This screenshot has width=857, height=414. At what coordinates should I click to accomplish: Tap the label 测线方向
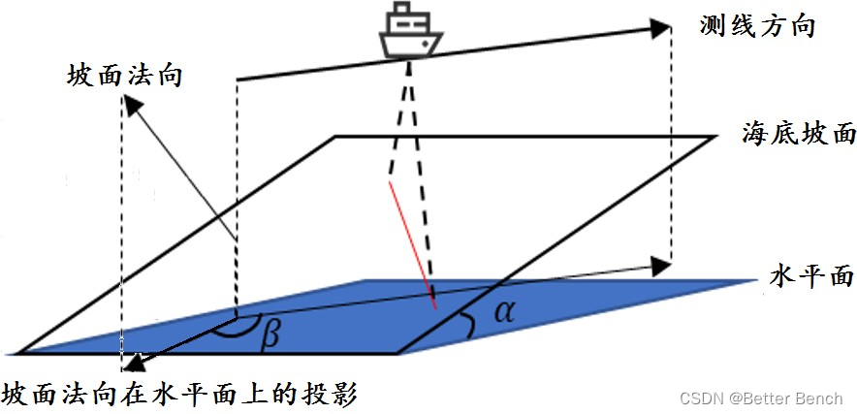coord(756,25)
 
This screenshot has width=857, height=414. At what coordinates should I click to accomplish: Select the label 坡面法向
coord(126,75)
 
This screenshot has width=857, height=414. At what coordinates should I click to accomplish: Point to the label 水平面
coord(811,276)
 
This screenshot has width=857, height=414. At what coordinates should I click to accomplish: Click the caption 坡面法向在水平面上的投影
coord(181,396)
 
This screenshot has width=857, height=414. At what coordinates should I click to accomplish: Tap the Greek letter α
coord(502,310)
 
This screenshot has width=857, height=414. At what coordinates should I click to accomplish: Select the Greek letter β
coord(270,334)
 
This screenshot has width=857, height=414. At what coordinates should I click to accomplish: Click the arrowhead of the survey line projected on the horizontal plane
coord(660,264)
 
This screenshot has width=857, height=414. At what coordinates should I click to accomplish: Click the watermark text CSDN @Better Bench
coord(760,398)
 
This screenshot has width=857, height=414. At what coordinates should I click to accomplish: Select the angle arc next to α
coord(469,326)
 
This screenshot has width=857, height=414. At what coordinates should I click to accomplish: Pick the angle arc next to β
coord(237,330)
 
